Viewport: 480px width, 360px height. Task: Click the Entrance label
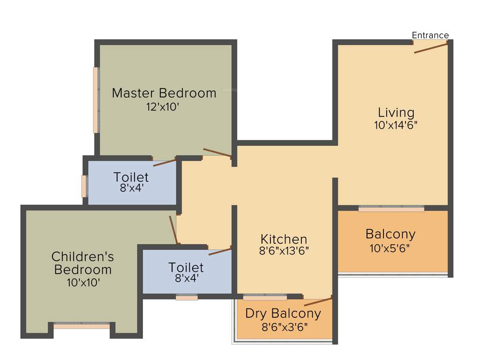(430, 35)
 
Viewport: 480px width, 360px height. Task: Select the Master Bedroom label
(164, 93)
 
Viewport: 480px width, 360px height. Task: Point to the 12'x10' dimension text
(163, 106)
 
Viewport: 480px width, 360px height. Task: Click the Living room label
(396, 112)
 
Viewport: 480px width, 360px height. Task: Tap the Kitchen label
(284, 239)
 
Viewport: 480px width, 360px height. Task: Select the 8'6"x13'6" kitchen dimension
(284, 251)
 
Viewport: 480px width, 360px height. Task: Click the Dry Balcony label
(283, 313)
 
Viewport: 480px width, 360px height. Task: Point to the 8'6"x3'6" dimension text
(283, 327)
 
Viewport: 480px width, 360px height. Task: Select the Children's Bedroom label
(82, 263)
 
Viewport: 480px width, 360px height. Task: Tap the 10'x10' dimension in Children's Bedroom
(83, 282)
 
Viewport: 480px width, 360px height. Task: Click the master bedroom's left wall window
(96, 100)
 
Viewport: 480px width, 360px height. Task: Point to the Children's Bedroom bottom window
(82, 324)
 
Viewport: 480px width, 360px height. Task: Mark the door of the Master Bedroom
(217, 153)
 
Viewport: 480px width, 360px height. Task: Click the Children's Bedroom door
(173, 230)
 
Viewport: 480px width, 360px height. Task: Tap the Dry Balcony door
(318, 301)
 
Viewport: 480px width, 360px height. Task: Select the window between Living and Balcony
(391, 208)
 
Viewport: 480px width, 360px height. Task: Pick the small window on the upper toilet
(84, 186)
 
